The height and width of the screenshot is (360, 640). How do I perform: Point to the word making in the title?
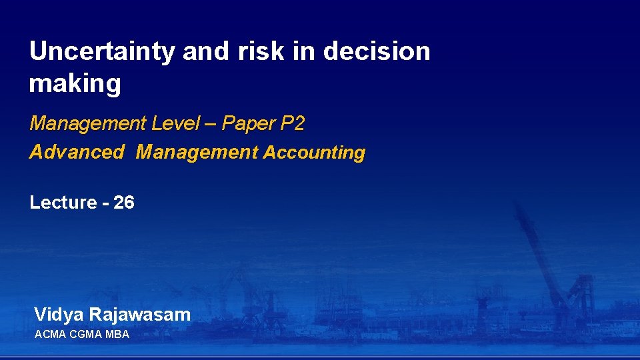pos(75,85)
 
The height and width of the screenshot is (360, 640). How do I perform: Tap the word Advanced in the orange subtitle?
pos(77,152)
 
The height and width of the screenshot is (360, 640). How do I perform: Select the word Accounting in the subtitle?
pos(314,153)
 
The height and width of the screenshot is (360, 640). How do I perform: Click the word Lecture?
pos(63,203)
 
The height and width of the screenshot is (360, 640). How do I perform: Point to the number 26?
pos(124,203)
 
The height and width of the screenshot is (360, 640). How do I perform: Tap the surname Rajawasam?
pos(140,315)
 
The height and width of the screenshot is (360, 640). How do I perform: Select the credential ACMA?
pos(50,334)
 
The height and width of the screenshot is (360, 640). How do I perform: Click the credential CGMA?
pos(85,334)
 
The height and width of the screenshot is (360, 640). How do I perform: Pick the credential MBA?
pos(117,334)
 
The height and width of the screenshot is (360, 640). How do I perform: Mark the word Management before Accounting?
pos(197,152)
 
